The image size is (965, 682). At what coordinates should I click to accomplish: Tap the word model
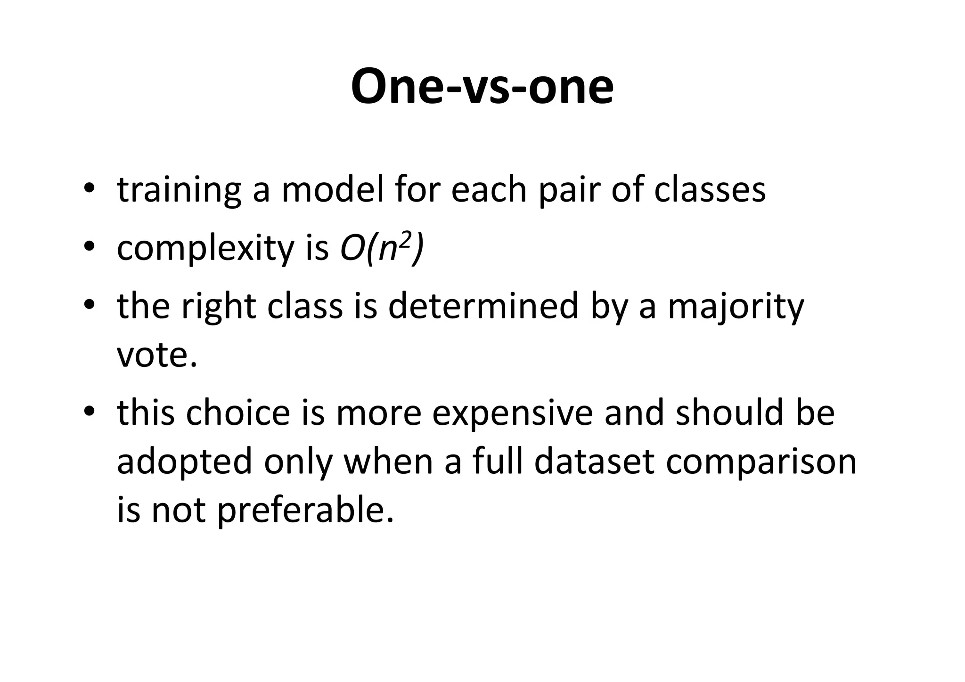333,190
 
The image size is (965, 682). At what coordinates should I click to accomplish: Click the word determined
483,306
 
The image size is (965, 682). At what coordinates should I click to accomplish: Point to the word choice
238,413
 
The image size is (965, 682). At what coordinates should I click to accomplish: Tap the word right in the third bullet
219,307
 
